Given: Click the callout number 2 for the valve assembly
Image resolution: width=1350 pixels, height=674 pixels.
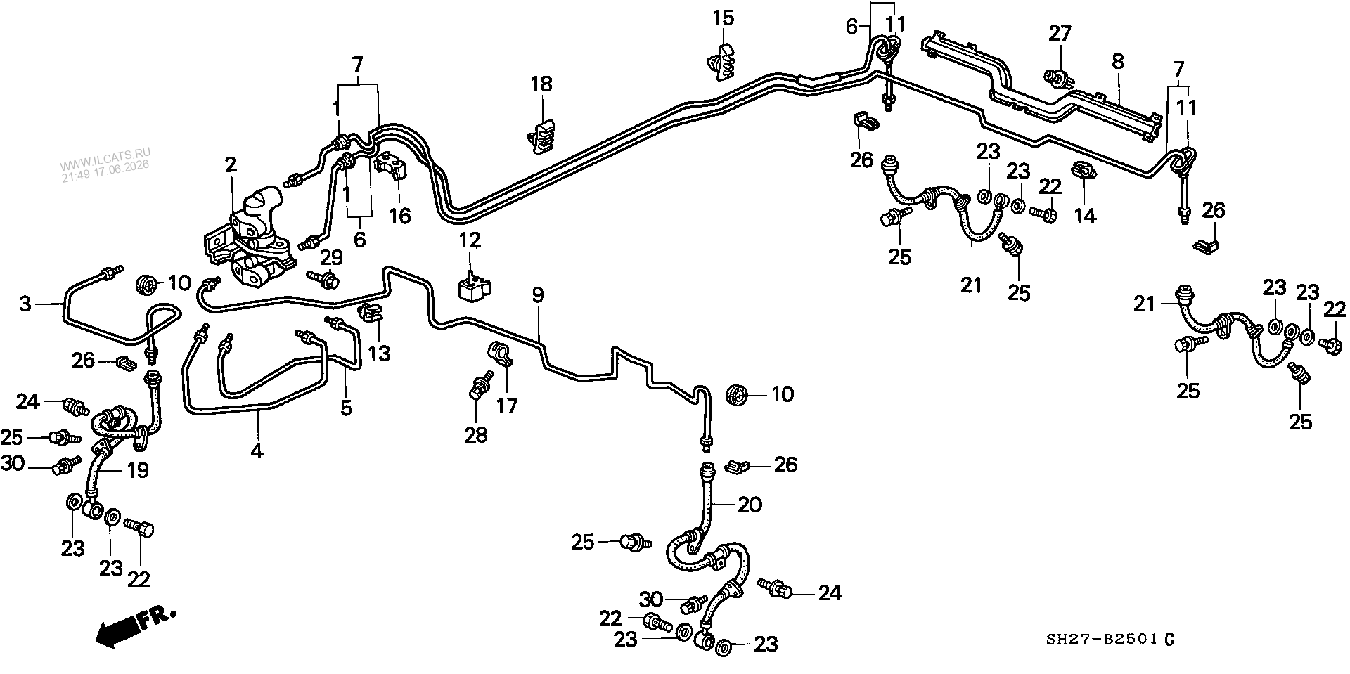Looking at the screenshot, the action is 231,166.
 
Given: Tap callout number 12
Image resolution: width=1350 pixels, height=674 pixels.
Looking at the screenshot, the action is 470,241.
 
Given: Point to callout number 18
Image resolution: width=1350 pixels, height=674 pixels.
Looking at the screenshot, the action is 541,85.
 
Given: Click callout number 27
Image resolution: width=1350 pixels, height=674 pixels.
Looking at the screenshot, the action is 1060,33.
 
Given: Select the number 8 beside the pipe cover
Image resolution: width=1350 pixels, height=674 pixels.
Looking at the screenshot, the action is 1118,62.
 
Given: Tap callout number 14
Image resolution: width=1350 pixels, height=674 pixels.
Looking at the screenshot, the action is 1086,215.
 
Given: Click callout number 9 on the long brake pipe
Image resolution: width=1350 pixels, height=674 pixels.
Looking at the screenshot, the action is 538,296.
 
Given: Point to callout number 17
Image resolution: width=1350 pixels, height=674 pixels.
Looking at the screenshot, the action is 507,406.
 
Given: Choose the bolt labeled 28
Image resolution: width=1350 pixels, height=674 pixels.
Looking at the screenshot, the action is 478,389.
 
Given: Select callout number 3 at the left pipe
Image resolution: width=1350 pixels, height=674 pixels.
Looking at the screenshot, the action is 25,304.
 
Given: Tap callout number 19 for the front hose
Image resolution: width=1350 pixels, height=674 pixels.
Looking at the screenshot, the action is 138,470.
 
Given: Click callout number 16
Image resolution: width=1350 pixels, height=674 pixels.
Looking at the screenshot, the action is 400,215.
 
